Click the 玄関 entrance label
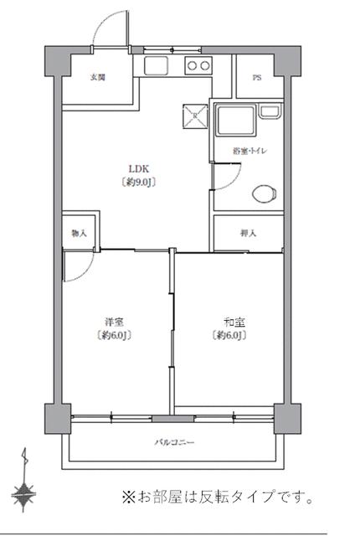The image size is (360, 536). coord(98,78)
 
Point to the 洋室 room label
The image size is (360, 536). coord(115,322)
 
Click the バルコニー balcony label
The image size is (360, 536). coord(174,441)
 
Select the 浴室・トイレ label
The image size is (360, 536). coord(249,151)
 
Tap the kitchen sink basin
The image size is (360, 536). coord(157,66)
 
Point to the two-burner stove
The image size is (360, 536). coord(198,66)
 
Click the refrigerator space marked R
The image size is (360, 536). coord(194,116)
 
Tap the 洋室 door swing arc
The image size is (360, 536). coord(80,266)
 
